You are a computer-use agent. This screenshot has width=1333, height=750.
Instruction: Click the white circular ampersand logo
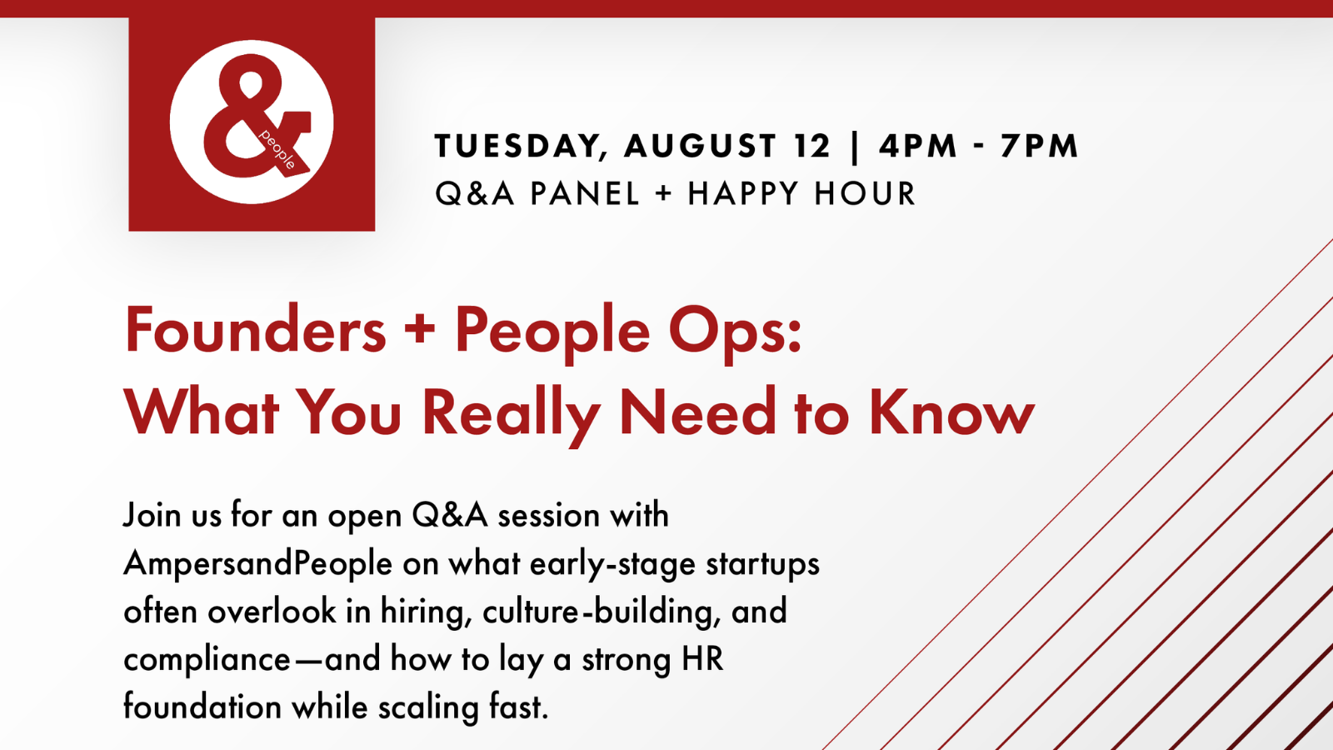[x=251, y=122]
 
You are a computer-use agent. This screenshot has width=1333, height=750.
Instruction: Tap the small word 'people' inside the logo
[x=277, y=149]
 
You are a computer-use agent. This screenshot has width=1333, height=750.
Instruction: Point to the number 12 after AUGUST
[x=811, y=146]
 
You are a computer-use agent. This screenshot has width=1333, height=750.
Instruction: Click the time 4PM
[x=917, y=146]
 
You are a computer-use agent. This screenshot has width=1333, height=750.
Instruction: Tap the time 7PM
[x=1039, y=146]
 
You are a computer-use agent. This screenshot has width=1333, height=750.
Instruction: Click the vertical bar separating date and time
[x=855, y=147]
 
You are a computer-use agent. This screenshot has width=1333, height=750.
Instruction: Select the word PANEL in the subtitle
[x=584, y=193]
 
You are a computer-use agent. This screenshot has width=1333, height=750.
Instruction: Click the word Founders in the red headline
[x=256, y=330]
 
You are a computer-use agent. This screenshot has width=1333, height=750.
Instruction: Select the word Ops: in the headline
[x=736, y=333]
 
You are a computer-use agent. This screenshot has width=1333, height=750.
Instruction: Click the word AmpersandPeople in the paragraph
[x=258, y=564]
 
